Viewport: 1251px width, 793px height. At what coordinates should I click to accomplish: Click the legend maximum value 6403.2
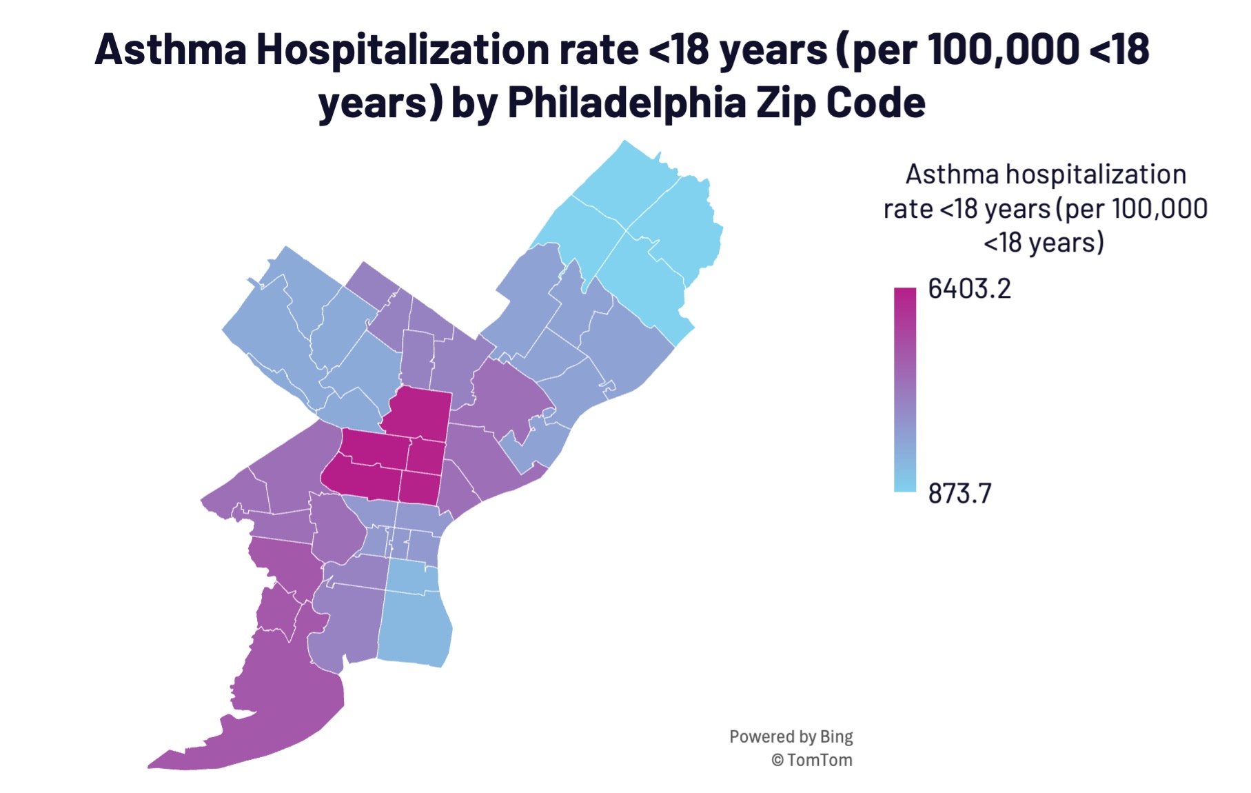[968, 289]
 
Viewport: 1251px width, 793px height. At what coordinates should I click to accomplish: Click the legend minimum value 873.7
[959, 494]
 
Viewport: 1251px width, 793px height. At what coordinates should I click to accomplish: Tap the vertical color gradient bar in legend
[904, 390]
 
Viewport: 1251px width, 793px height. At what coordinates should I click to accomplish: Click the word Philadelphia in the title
[626, 103]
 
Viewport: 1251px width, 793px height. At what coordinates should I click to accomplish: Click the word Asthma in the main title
[170, 50]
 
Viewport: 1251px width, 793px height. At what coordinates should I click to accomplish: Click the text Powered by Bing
[791, 736]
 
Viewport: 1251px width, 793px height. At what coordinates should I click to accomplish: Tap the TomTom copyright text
[812, 760]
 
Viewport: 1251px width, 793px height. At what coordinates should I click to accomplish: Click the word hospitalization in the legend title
[1096, 174]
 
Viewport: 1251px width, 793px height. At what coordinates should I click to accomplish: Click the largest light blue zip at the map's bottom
[414, 628]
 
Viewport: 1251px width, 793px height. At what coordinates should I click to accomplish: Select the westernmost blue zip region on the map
[265, 324]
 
